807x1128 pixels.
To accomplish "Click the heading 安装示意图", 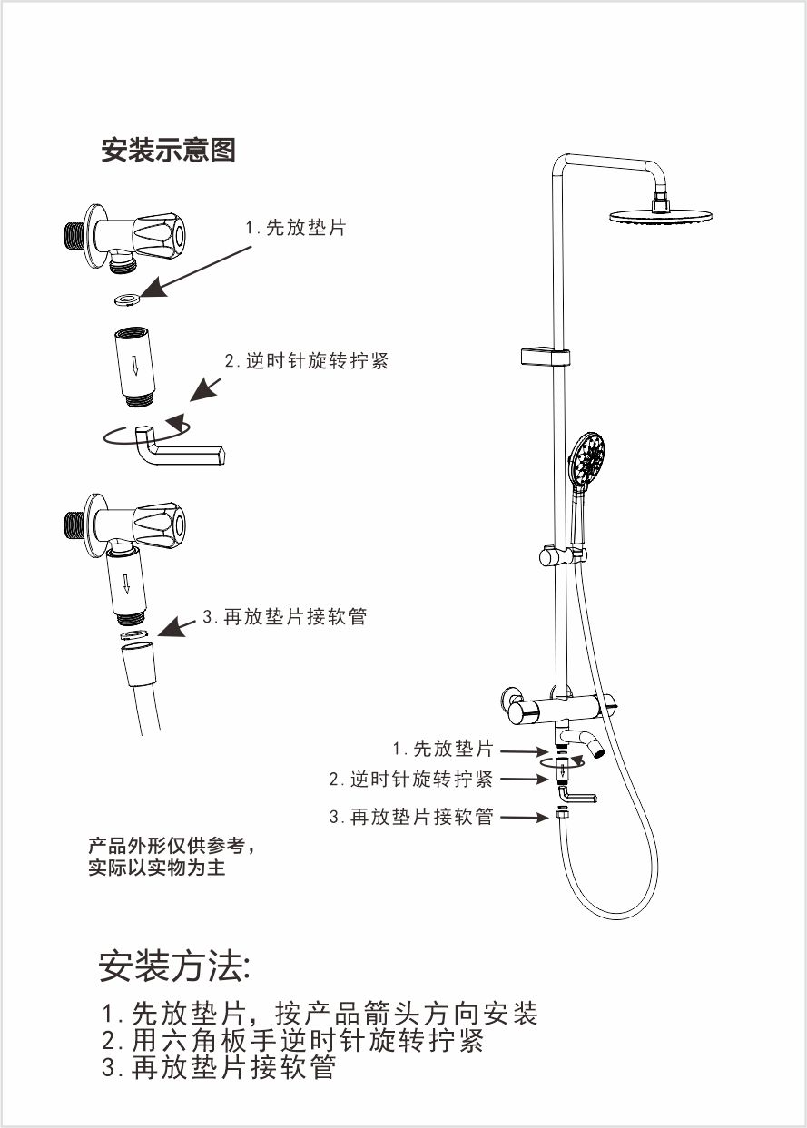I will pos(168,151).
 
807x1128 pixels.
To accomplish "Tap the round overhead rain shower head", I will pos(661,216).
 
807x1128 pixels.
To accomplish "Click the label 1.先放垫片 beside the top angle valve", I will pos(296,228).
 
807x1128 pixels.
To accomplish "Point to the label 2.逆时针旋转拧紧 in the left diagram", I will pos(307,360).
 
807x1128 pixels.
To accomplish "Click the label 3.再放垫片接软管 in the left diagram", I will pos(284,617).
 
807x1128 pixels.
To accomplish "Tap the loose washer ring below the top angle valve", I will pos(126,297).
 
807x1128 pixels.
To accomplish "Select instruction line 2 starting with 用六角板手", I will pos(292,1040).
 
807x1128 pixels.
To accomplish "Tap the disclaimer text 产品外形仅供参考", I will pos(172,847).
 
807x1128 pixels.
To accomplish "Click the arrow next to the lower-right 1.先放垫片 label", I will pos(523,751).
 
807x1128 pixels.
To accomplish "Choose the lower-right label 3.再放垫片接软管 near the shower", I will pos(411,817).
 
